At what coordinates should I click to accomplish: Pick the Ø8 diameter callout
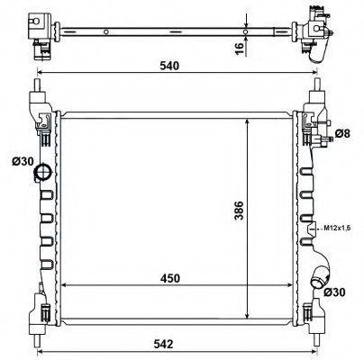pyautogui.click(x=341, y=133)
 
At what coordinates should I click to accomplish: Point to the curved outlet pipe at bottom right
pyautogui.click(x=317, y=280)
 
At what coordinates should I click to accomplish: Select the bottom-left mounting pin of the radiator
pyautogui.click(x=37, y=316)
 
